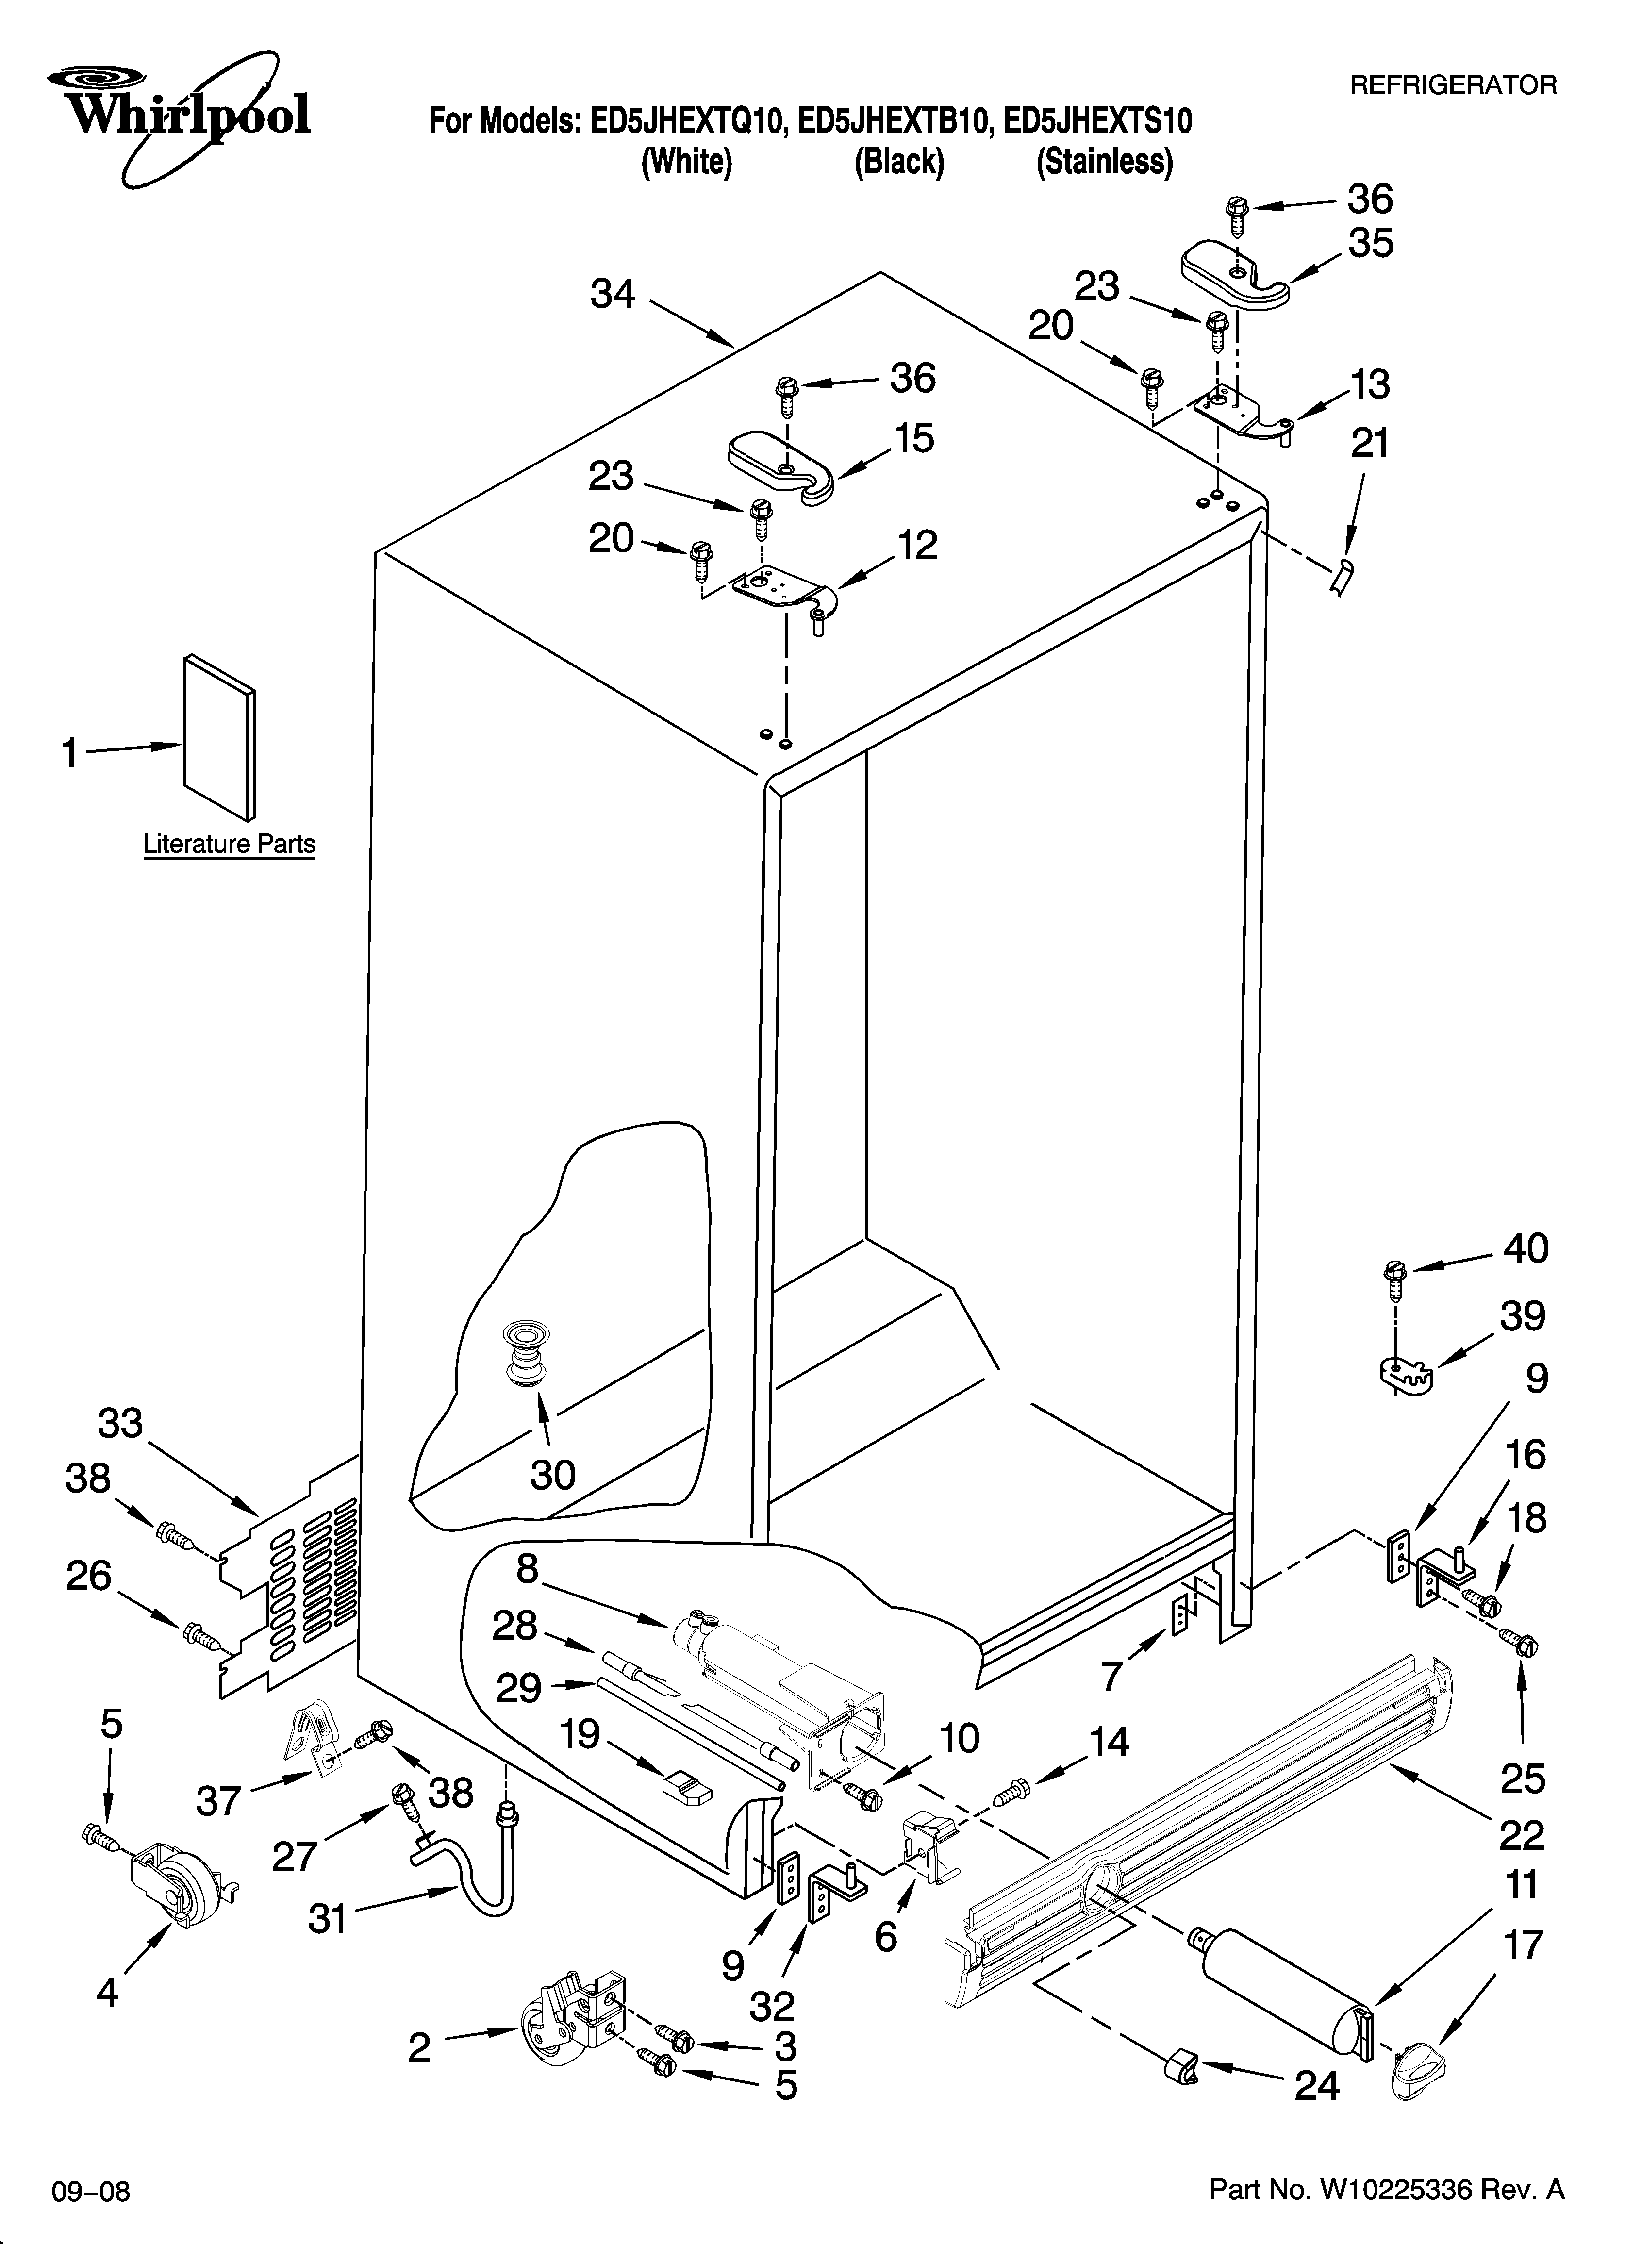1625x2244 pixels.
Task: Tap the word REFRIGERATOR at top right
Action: (1453, 86)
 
